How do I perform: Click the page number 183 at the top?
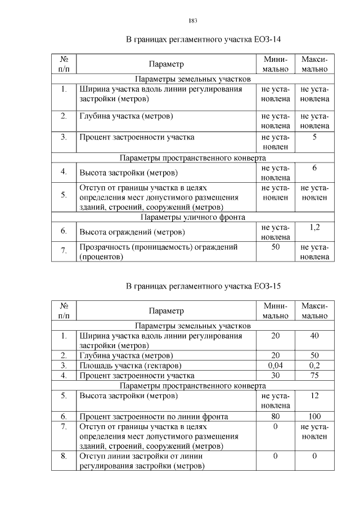coord(192,21)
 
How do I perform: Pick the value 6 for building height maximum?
coord(314,168)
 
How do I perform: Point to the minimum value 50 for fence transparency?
coord(276,247)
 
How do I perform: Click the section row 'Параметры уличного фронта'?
coord(192,217)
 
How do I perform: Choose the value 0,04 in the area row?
coord(276,365)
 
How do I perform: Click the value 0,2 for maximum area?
coord(314,365)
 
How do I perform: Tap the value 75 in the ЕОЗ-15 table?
coord(314,375)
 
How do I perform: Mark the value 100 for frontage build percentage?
coord(314,417)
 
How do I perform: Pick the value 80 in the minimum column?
coord(276,417)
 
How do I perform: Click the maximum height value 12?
coord(314,396)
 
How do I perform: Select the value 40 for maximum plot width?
coord(314,336)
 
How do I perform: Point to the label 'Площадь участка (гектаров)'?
coord(126,365)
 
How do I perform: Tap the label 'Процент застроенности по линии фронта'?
coord(153,417)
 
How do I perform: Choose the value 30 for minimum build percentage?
coord(276,375)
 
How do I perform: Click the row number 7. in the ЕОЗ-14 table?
coord(64,251)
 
